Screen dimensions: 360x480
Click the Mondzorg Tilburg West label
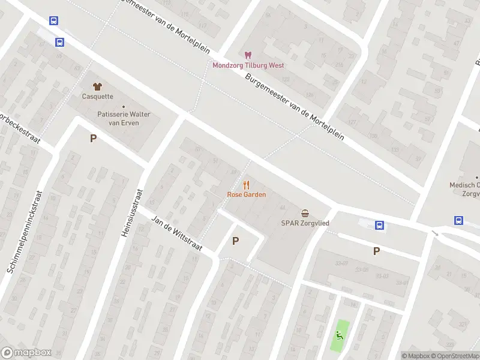tap(248, 65)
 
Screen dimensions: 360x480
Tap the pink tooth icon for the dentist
tap(248, 55)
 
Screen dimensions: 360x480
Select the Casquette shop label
tap(97, 96)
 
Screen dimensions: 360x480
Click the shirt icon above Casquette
tap(97, 86)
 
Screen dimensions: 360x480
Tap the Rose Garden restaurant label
tap(246, 194)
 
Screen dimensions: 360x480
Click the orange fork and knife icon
tap(246, 185)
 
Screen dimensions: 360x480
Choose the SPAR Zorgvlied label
tap(305, 223)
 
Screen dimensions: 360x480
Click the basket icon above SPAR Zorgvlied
tap(305, 213)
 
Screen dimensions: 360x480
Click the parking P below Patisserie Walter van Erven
tap(93, 139)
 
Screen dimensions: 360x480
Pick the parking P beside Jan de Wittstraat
tap(235, 241)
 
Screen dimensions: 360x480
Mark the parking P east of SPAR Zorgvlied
tap(376, 251)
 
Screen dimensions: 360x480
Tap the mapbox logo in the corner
tap(26, 353)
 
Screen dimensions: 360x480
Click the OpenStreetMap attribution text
tap(454, 356)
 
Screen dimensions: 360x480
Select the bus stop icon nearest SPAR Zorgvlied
tap(379, 225)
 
